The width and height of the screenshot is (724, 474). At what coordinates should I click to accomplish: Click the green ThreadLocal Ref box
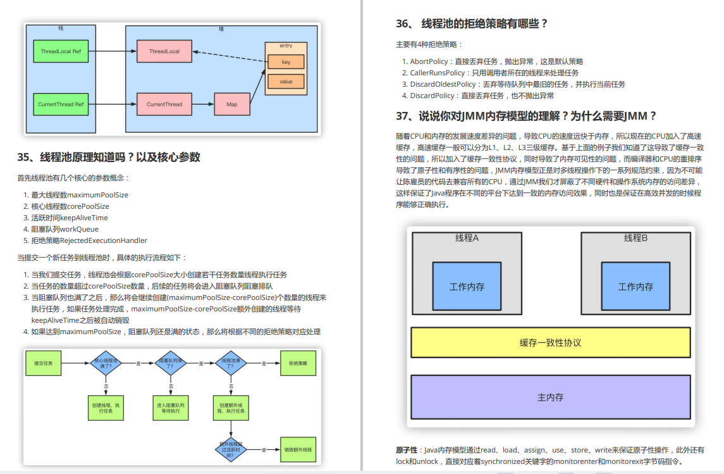61,51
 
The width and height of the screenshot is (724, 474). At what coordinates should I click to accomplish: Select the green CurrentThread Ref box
61,104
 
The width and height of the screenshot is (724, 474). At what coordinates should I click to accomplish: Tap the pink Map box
232,104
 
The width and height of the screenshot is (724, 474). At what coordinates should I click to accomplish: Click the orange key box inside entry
286,62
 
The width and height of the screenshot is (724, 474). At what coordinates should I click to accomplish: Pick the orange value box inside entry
286,82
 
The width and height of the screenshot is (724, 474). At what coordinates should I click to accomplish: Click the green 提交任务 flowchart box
44,364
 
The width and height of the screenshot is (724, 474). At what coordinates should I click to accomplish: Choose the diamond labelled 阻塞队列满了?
169,364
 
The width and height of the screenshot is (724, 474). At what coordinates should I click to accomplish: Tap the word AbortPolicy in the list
430,61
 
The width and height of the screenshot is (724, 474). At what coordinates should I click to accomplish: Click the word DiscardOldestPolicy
443,84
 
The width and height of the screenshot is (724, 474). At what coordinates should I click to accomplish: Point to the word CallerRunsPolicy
437,73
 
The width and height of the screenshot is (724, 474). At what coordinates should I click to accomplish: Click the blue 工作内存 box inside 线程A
467,287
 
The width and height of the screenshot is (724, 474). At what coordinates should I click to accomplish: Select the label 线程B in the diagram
635,238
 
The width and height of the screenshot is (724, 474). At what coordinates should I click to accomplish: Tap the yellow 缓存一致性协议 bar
550,342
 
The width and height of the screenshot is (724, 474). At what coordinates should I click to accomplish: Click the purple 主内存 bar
550,397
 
